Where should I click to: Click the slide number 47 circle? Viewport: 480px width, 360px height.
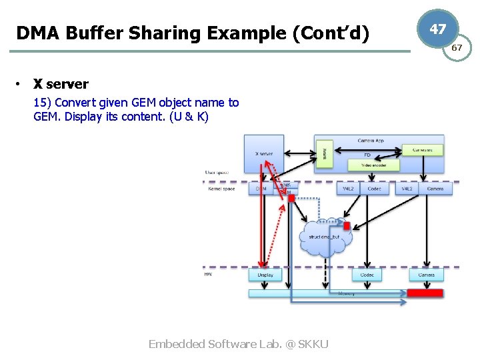coord(438,29)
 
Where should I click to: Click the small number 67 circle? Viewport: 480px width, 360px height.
coord(457,48)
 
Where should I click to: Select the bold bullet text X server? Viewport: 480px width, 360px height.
coord(61,84)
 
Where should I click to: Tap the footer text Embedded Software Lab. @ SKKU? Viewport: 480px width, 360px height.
coord(238,344)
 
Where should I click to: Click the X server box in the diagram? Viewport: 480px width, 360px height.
coord(264,154)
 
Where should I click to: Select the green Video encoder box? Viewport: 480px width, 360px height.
coord(374,165)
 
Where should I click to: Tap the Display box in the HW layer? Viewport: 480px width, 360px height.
coord(265,275)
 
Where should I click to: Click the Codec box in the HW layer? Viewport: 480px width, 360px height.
coord(367,275)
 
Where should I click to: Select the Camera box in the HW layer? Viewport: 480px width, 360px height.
coord(426,275)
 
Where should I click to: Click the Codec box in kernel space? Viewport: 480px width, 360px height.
coord(374,189)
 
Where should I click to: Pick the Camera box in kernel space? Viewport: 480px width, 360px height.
coord(435,189)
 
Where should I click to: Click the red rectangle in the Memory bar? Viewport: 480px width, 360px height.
coord(425,293)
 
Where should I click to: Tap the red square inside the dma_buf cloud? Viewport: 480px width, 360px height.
coord(346,226)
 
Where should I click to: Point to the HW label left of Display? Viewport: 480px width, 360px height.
coord(209,274)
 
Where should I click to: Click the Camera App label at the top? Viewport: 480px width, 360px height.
coord(370,141)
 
